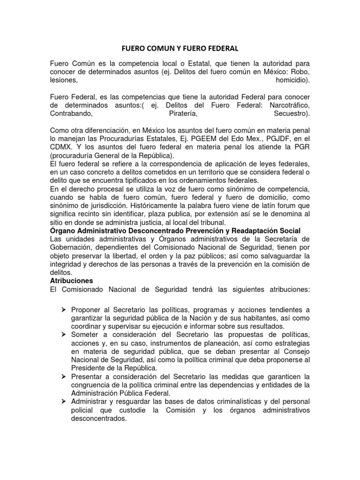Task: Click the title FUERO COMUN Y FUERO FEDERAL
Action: point(180,48)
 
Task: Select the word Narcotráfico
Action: point(286,105)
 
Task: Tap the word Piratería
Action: point(183,114)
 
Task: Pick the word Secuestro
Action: point(291,114)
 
